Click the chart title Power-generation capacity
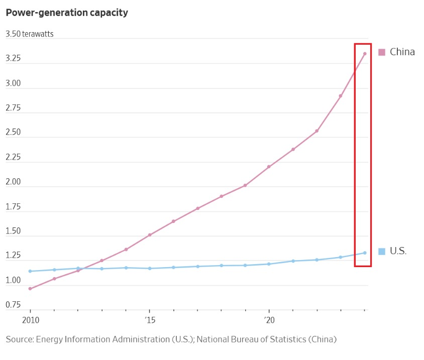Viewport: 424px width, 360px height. coord(67,13)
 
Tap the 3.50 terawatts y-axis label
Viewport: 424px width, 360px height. coord(29,34)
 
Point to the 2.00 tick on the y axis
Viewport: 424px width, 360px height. coord(13,182)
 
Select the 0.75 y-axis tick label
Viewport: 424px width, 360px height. coord(13,305)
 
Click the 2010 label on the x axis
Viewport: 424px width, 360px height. coord(30,320)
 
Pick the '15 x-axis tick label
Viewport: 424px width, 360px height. coord(149,320)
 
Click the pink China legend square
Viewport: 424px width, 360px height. coord(382,52)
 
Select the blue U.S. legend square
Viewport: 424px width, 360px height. coord(382,251)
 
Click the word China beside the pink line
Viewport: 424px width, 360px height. coord(402,52)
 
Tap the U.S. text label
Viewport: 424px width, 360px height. coord(398,251)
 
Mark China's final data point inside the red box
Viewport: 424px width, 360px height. coord(365,54)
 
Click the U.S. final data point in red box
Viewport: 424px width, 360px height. coord(365,253)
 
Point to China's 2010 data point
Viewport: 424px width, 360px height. coord(30,289)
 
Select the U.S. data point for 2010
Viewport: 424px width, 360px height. coord(30,271)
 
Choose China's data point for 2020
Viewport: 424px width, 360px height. coord(269,167)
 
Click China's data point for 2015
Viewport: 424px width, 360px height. coord(150,235)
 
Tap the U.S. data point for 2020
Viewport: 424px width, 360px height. coord(269,264)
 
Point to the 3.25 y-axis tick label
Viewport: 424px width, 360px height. coord(13,59)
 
